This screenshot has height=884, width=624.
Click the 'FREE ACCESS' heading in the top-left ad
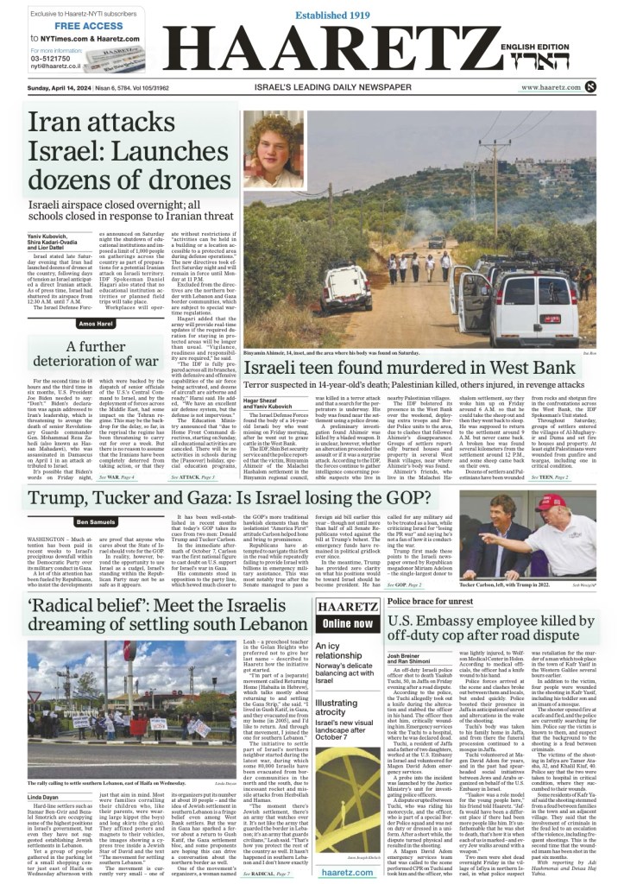66,26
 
